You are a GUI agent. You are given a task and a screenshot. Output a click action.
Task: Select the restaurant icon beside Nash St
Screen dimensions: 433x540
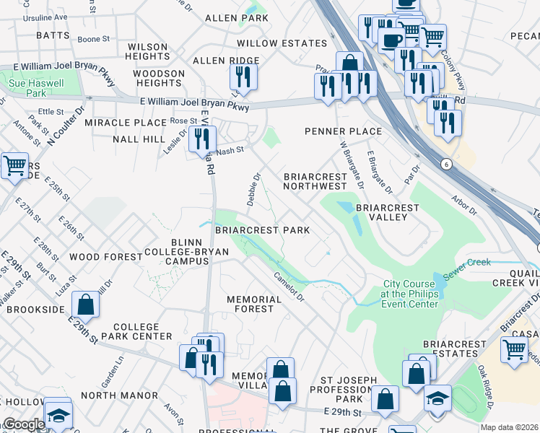202,139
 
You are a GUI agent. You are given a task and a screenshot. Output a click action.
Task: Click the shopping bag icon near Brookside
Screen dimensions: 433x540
86,306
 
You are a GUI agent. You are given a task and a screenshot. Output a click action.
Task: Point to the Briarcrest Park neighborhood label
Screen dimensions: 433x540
262,230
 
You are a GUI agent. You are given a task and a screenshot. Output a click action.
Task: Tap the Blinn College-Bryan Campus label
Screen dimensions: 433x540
197,251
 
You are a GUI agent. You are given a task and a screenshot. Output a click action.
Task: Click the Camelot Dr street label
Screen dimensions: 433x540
289,288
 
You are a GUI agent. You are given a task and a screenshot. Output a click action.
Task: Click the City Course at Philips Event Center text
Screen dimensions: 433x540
410,294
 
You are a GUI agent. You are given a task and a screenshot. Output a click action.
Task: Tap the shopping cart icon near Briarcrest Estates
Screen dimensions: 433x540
515,349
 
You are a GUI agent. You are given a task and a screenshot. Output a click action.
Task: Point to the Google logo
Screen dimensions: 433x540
23,424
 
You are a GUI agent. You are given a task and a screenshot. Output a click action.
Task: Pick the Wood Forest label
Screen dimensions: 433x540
106,257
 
